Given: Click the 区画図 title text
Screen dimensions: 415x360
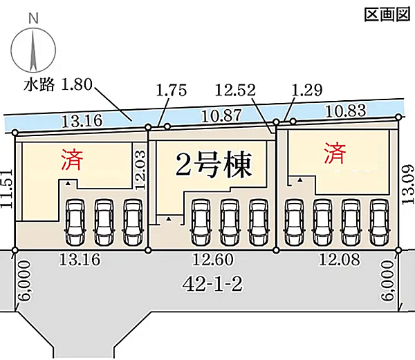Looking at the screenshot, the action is [x=387, y=15].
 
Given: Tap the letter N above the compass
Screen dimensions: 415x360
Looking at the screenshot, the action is [x=33, y=19].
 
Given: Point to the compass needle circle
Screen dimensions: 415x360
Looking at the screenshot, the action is [x=33, y=50].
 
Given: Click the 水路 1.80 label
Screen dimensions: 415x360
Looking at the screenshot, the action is [x=58, y=84].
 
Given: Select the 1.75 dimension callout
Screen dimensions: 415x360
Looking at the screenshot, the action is [x=172, y=90].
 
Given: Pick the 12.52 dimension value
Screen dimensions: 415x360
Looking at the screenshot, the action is [x=235, y=90].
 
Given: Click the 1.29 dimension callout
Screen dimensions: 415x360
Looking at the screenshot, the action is [x=307, y=90].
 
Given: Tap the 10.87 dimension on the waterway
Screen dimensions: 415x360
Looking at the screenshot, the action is [x=221, y=115].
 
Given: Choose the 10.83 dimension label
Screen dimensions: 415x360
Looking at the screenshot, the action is [x=346, y=111].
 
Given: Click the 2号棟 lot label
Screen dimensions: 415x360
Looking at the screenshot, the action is [x=213, y=165].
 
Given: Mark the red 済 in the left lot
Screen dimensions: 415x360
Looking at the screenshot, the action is [x=72, y=159].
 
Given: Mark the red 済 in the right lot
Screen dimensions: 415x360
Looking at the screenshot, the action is [x=335, y=153].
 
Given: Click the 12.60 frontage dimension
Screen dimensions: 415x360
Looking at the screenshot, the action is [x=213, y=259].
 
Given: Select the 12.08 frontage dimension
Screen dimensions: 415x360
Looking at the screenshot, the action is [x=340, y=259].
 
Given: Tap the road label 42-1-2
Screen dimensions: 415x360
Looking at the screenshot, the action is [x=213, y=285].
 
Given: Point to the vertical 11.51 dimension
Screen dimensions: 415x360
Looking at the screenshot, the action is [x=7, y=189].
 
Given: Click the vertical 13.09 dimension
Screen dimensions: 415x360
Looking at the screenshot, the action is [x=408, y=184].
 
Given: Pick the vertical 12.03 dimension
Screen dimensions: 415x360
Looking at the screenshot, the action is [x=140, y=170].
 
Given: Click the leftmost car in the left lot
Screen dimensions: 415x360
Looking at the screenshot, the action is [x=75, y=222].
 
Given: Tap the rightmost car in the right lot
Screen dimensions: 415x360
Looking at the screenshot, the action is [x=380, y=222].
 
